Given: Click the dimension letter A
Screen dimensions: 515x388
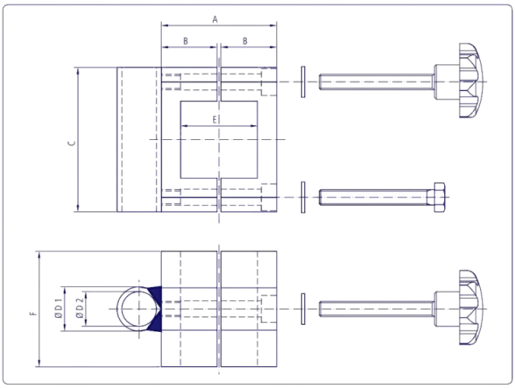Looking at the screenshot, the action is pyautogui.click(x=215, y=20).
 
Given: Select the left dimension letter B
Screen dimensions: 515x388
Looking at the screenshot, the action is pyautogui.click(x=186, y=41).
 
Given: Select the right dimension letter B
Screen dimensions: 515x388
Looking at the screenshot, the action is pyautogui.click(x=245, y=41).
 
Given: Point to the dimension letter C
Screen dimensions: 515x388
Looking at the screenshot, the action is pyautogui.click(x=72, y=144).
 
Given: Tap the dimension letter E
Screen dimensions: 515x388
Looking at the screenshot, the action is pyautogui.click(x=215, y=120).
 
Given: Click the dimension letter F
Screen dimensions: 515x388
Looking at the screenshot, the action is pyautogui.click(x=33, y=314).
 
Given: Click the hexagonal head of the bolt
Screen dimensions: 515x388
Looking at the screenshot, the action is pyautogui.click(x=439, y=197).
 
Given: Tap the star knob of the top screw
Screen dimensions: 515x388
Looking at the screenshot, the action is pyautogui.click(x=471, y=81).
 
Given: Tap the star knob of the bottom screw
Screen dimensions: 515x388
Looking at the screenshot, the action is pyautogui.click(x=471, y=307).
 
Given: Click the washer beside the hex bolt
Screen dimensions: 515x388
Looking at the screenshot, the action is pyautogui.click(x=303, y=197).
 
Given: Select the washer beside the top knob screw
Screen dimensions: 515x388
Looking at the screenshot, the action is pyautogui.click(x=303, y=81).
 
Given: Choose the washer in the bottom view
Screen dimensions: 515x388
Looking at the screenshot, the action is pyautogui.click(x=303, y=309).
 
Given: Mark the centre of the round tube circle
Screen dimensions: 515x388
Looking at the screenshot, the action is pyautogui.click(x=139, y=309).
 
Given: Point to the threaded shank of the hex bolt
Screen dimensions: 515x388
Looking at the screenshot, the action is pyautogui.click(x=373, y=197).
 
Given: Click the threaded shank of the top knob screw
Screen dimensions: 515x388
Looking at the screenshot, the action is pyautogui.click(x=377, y=81).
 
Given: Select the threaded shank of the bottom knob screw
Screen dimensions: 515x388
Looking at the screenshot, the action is pyautogui.click(x=377, y=309).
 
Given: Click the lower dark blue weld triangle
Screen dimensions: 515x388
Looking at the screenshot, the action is pyautogui.click(x=156, y=321).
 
